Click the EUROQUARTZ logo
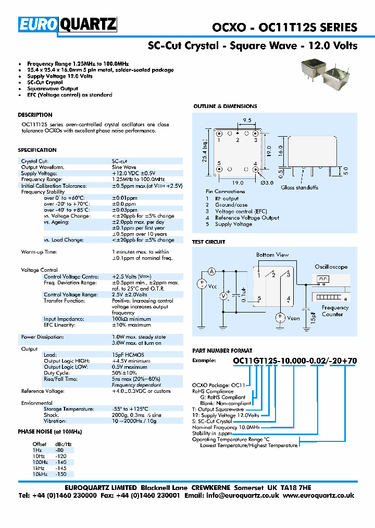(x=68, y=25)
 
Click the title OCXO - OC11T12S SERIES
(x=284, y=28)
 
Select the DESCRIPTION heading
(x=35, y=115)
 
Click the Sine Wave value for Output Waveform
(x=124, y=167)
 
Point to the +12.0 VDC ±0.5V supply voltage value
(x=133, y=173)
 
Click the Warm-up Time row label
(x=40, y=252)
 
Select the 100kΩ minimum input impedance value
(x=131, y=319)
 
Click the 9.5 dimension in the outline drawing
(x=247, y=121)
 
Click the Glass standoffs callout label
(x=300, y=187)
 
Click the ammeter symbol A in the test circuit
(x=212, y=271)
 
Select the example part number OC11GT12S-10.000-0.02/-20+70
(x=294, y=361)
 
